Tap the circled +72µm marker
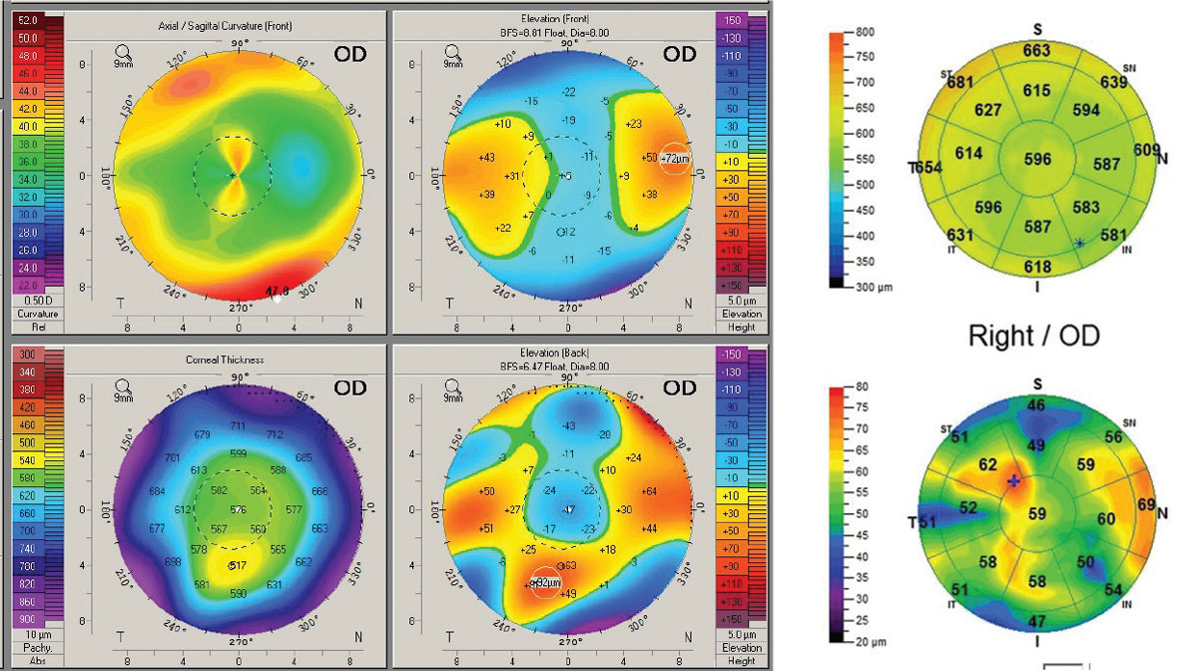(x=676, y=159)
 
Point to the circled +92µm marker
(x=544, y=581)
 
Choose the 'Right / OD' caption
(x=1034, y=335)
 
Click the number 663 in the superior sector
(x=1036, y=51)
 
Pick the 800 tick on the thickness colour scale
(x=866, y=33)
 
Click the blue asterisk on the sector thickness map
(x=1079, y=244)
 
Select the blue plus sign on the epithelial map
(x=1014, y=481)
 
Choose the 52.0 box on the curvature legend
(x=28, y=20)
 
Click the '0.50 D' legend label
(x=28, y=302)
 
